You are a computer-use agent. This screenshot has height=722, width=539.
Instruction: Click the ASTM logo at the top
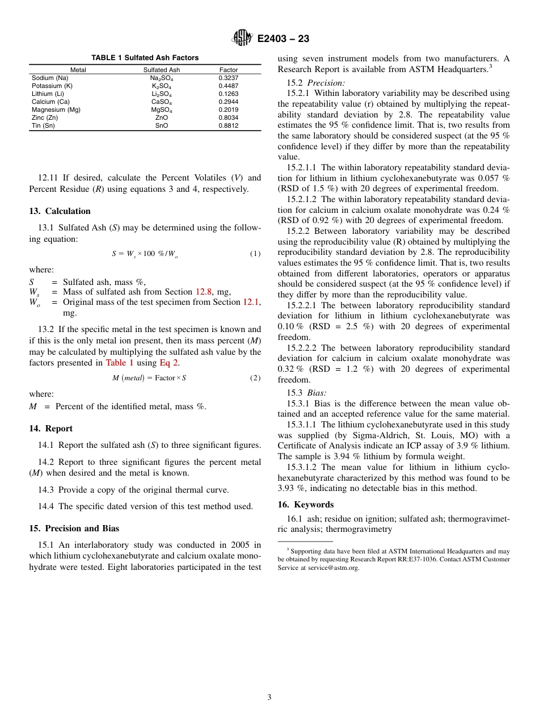point(242,38)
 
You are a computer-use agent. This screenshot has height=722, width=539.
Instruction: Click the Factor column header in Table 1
point(229,70)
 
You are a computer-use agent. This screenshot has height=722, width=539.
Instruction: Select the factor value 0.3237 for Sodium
point(229,78)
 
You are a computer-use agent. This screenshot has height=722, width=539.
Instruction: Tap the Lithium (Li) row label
point(48,94)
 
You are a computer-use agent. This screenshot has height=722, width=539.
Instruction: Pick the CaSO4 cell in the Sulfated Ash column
point(162,102)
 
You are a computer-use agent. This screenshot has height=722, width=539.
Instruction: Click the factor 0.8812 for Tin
point(229,125)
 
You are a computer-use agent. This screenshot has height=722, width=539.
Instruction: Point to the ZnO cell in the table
point(162,117)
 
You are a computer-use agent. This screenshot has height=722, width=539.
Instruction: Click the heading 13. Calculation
point(60,211)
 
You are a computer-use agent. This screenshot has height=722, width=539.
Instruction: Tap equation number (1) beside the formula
point(255,254)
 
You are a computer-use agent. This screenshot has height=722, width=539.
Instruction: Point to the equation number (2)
point(255,378)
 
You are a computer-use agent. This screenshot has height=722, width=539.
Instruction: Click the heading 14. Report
point(50,429)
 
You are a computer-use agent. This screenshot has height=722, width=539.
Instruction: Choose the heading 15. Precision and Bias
point(74,528)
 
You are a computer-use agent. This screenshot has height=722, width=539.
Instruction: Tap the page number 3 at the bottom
point(269,698)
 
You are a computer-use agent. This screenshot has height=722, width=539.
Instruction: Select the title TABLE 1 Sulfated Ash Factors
point(145,58)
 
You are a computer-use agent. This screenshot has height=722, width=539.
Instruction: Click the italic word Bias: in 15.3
point(317,393)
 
